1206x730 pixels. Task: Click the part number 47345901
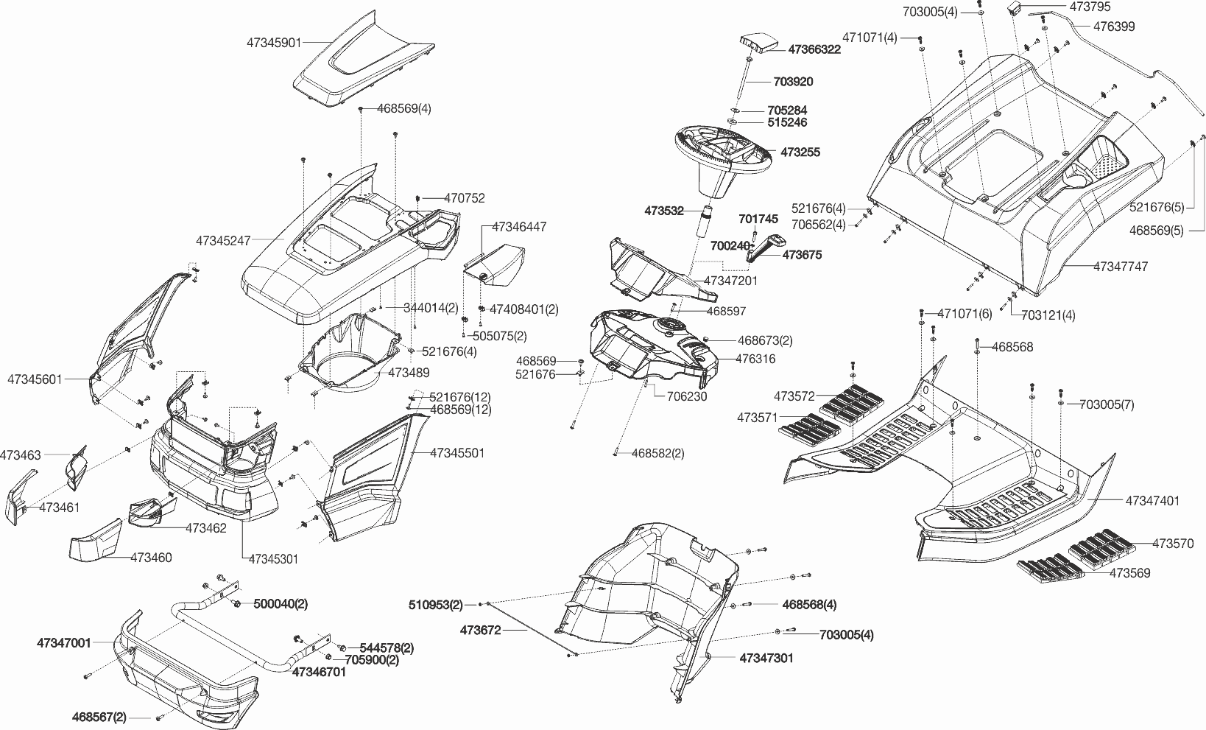pos(274,43)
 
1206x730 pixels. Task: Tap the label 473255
pos(800,152)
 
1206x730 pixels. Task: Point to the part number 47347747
pos(1120,267)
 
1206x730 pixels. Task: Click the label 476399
pos(1113,27)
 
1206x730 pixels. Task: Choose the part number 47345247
pos(224,240)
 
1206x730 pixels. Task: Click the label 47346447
pos(519,227)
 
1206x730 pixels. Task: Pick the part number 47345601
pos(35,379)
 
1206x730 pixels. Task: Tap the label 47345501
pos(457,452)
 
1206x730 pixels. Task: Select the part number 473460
pos(151,558)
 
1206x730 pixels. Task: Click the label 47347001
pos(64,643)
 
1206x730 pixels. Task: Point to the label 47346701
pos(319,672)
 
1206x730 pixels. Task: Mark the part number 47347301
pos(766,658)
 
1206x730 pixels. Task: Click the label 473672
pos(481,630)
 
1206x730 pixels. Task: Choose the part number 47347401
pos(1152,501)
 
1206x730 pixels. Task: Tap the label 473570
pos(1173,544)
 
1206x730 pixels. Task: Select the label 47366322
pos(814,49)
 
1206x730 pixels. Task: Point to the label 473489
pos(409,373)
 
